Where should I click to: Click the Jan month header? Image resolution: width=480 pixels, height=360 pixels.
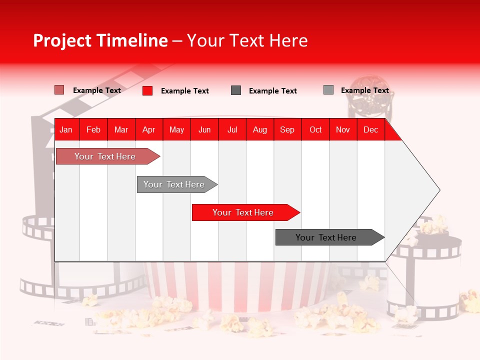[x=66, y=130]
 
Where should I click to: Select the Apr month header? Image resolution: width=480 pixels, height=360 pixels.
[x=148, y=130]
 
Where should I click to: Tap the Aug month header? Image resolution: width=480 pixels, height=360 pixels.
[x=259, y=130]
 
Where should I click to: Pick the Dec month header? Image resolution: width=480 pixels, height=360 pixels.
[x=370, y=130]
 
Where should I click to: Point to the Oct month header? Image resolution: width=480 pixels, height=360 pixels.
[x=315, y=130]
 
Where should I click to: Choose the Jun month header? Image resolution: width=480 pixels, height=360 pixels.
[x=204, y=130]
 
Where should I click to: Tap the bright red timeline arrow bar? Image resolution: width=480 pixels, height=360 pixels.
[x=243, y=212]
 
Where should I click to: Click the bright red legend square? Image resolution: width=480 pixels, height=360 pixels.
[x=147, y=90]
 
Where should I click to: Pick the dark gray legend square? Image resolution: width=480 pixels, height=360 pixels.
[x=236, y=90]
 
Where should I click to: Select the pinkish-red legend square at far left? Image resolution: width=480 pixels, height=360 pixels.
[x=59, y=90]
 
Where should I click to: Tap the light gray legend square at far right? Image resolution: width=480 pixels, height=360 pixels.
[x=328, y=90]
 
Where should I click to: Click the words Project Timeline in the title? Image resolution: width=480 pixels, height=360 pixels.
[x=100, y=40]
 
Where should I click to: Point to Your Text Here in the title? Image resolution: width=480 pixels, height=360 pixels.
[x=247, y=40]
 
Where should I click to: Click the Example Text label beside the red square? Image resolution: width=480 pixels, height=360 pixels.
[x=184, y=91]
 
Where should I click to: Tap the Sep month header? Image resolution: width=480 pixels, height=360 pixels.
[x=287, y=130]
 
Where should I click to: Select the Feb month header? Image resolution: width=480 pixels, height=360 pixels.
[x=93, y=130]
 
